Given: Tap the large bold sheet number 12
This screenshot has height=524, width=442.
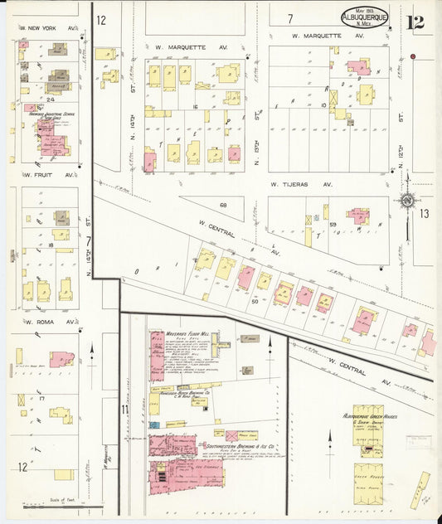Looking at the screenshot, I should tap(415, 22).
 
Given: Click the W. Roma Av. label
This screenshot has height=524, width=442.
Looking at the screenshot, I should tap(39, 321).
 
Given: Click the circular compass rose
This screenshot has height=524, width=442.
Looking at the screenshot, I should tap(406, 200).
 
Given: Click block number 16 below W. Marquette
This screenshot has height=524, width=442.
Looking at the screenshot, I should tap(195, 107).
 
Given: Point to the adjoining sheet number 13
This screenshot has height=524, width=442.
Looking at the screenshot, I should tap(424, 214).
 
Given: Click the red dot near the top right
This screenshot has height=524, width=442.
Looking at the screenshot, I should tap(412, 56).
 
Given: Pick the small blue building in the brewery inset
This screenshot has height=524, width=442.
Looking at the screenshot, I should tap(154, 425).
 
